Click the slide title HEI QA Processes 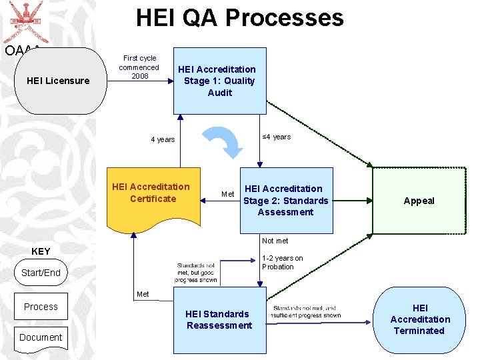[x=239, y=17]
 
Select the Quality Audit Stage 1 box [x=219, y=81]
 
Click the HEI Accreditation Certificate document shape [x=153, y=193]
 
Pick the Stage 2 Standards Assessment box [x=286, y=200]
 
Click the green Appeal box [x=419, y=201]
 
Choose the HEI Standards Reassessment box [x=219, y=320]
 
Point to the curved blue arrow [x=225, y=141]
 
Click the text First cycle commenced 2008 [x=139, y=67]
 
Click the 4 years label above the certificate [x=163, y=139]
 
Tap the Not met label [x=275, y=241]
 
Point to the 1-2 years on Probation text [x=282, y=263]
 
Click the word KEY [x=41, y=251]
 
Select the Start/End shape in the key [x=41, y=273]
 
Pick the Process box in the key [x=41, y=307]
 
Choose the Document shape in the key [x=41, y=337]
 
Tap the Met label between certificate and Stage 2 [x=228, y=194]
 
